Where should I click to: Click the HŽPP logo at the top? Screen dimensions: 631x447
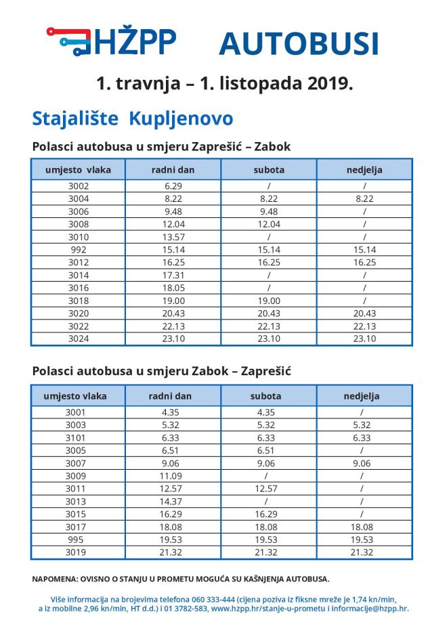click(112, 41)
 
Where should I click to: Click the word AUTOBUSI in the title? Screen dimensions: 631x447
click(298, 43)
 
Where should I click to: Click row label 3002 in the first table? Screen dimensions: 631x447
click(78, 186)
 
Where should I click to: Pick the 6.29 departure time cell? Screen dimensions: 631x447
click(173, 186)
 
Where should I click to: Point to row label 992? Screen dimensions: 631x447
click(78, 250)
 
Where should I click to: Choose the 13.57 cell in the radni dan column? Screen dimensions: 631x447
click(173, 237)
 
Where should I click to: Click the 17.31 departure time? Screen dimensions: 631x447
click(173, 276)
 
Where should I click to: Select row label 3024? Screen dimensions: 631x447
click(78, 339)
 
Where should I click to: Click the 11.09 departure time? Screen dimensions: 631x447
click(173, 476)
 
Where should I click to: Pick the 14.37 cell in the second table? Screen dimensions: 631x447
click(173, 502)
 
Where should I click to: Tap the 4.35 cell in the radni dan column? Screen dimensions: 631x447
click(173, 412)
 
